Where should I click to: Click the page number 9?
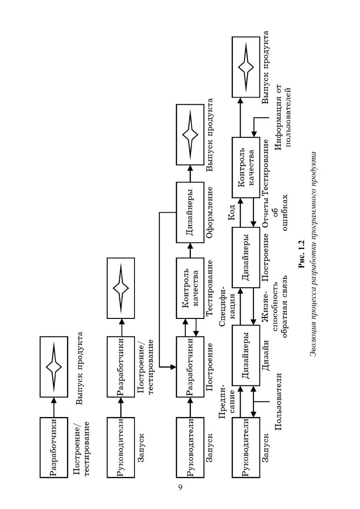(x=180, y=487)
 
